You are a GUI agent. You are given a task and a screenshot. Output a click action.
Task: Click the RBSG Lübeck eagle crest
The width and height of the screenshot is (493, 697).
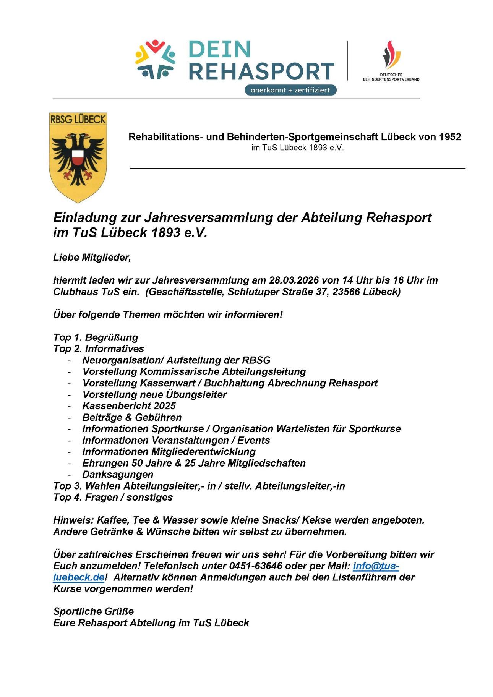pyautogui.click(x=78, y=157)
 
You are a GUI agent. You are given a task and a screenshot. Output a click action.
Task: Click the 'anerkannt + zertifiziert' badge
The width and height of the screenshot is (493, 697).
pyautogui.click(x=290, y=90)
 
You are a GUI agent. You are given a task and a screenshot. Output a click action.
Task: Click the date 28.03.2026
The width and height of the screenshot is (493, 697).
pyautogui.click(x=294, y=280)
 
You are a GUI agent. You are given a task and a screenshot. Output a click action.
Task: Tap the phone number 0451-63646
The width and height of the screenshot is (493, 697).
pyautogui.click(x=256, y=566)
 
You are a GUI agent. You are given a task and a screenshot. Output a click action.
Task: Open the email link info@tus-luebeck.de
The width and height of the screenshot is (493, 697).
pyautogui.click(x=375, y=566)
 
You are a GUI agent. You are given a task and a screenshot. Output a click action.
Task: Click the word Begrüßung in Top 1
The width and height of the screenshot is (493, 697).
pyautogui.click(x=111, y=337)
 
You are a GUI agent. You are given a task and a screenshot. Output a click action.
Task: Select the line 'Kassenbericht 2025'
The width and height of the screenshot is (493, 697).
pyautogui.click(x=129, y=406)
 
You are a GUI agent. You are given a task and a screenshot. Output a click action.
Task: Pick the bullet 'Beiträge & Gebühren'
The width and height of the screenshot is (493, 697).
pyautogui.click(x=132, y=417)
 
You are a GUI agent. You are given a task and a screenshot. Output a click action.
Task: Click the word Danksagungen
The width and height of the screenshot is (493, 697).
pyautogui.click(x=118, y=474)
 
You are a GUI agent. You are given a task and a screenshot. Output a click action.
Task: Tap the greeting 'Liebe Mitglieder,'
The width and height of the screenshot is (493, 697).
pyautogui.click(x=92, y=257)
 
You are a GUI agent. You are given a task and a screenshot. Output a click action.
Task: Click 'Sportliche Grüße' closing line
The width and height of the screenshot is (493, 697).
pyautogui.click(x=93, y=611)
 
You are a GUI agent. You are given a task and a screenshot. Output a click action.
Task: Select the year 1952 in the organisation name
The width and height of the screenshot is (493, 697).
pyautogui.click(x=450, y=136)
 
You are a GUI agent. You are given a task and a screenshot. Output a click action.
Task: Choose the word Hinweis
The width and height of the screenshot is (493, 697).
pyautogui.click(x=73, y=520)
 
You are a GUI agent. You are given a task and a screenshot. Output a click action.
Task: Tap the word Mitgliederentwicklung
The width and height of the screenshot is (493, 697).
pyautogui.click(x=203, y=451)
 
